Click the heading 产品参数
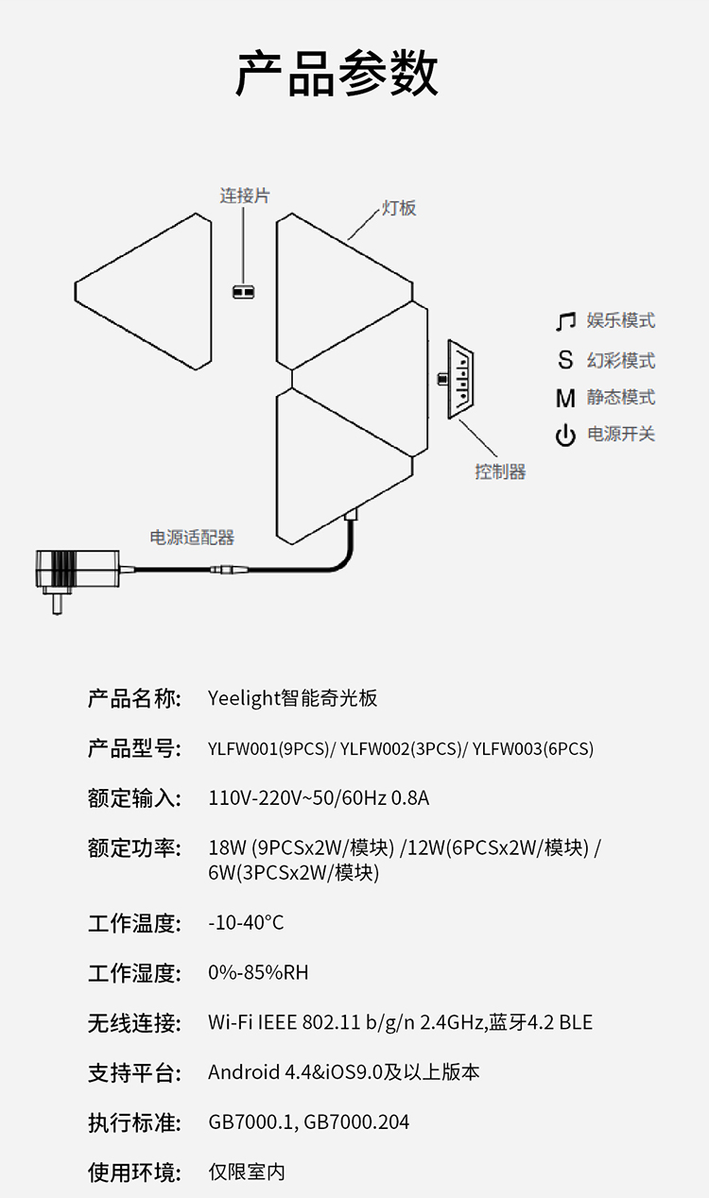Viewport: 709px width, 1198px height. tap(337, 74)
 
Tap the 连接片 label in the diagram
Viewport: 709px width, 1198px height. tap(245, 196)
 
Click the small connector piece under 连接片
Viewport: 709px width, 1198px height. tap(244, 292)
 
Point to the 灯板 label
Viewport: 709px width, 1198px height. tap(399, 208)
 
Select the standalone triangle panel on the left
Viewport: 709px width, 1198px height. tap(144, 292)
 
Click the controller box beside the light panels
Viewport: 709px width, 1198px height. tap(460, 379)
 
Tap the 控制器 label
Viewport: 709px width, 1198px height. tap(500, 471)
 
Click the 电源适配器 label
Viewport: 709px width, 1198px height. tap(192, 538)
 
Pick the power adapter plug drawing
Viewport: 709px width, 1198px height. tap(78, 576)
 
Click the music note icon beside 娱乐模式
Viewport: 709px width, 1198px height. tap(565, 321)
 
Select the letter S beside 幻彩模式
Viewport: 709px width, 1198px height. tap(565, 360)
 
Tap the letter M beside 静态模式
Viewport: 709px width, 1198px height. tap(565, 399)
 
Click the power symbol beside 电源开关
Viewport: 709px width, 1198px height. tap(565, 435)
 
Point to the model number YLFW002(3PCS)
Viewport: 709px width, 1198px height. tap(401, 748)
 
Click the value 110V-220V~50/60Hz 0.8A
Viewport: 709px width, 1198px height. tap(319, 798)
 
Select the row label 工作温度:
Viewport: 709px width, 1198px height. tap(135, 923)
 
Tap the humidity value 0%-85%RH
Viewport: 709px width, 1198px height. tap(258, 972)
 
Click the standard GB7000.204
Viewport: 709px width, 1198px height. tap(356, 1121)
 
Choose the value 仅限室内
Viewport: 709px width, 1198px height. tap(247, 1172)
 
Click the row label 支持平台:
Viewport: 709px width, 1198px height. tap(135, 1073)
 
